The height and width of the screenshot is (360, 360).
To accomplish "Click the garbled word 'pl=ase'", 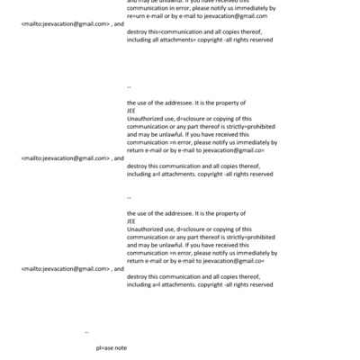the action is [x=104, y=346].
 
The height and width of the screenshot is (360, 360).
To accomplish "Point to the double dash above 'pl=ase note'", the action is [x=86, y=331].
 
